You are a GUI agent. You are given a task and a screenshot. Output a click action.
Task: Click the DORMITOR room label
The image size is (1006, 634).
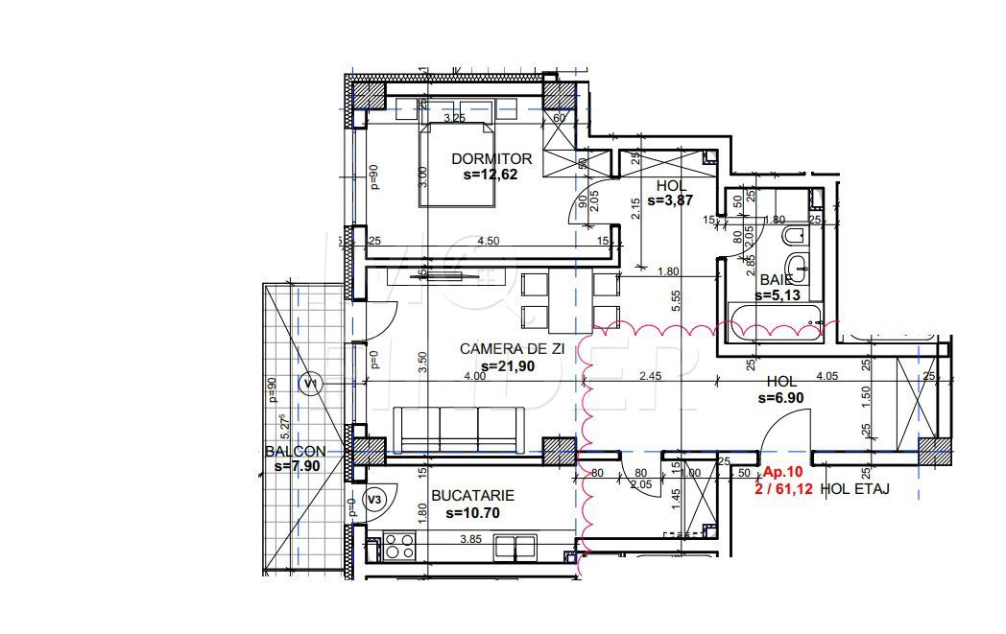point(491,158)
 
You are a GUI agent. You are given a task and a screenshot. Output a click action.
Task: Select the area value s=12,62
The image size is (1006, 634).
point(491,175)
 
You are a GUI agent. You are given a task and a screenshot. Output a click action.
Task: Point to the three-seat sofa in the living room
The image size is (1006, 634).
point(459,429)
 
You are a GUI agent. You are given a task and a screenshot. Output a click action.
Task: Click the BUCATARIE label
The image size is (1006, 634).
point(472,496)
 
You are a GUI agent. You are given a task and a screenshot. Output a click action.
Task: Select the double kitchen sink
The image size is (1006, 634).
point(515,547)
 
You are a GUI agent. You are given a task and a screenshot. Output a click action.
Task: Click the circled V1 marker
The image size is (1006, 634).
point(310,385)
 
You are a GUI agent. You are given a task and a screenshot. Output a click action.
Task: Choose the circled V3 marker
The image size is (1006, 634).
point(376,499)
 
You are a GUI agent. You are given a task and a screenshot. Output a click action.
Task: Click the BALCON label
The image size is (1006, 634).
point(296,451)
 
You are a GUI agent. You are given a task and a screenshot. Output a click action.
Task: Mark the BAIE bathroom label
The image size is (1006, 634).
point(775,280)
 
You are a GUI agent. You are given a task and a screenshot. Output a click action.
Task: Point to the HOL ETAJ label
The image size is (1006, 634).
point(854,488)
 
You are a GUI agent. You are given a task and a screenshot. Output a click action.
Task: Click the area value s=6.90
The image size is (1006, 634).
point(779,396)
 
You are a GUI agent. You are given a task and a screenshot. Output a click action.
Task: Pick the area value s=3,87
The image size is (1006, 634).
point(671,200)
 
